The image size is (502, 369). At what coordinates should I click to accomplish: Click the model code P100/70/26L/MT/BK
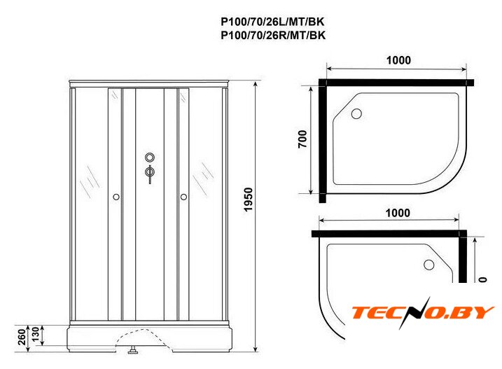pos(273,22)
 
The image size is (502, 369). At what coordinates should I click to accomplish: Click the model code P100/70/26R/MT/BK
pos(273,34)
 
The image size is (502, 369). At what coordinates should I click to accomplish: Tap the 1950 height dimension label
pos(249,200)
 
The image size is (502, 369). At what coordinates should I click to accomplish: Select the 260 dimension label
pos(22,337)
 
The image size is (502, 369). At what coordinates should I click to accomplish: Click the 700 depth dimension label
pos(302,139)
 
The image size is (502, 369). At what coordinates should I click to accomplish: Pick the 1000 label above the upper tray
pos(398,60)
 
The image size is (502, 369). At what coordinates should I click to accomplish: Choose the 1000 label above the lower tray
pos(398,213)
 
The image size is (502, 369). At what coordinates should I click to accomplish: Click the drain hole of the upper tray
pos(356,113)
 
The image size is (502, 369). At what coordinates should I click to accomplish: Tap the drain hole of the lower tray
pos(428,265)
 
